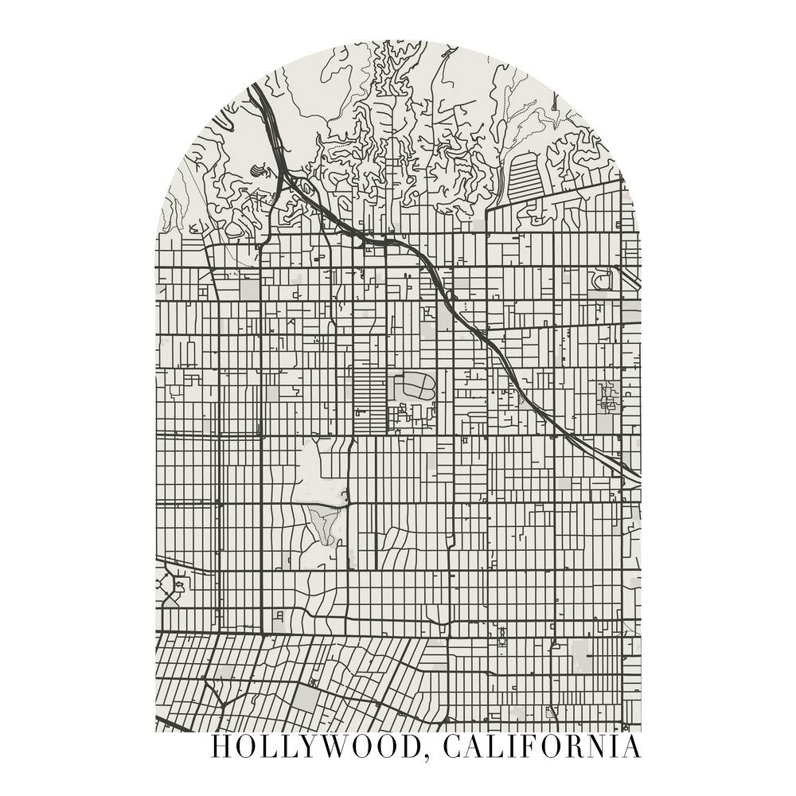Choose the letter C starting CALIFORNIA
451,747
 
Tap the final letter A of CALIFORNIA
630,747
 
